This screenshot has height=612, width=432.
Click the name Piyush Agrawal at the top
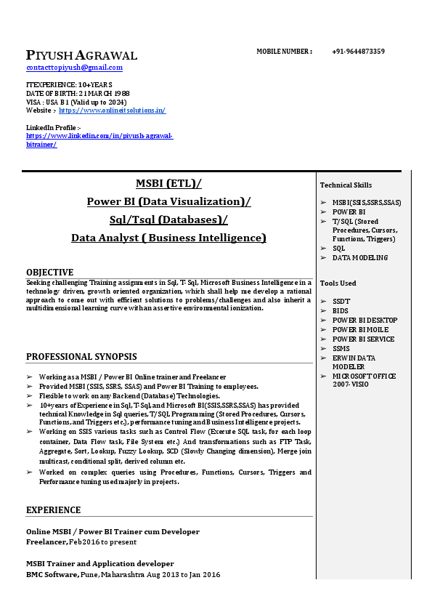pyautogui.click(x=81, y=55)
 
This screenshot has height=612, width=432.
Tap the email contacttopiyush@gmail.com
pyautogui.click(x=74, y=68)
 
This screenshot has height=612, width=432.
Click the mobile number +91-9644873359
pyautogui.click(x=358, y=52)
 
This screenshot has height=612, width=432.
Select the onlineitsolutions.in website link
pyautogui.click(x=112, y=110)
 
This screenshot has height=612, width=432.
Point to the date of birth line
pyautogui.click(x=78, y=94)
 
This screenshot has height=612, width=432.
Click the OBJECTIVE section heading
pyautogui.click(x=49, y=273)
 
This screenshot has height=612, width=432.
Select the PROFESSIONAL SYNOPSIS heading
pyautogui.click(x=81, y=357)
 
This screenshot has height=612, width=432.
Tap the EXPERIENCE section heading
pyautogui.click(x=53, y=510)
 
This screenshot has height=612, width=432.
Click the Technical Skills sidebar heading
pyautogui.click(x=346, y=185)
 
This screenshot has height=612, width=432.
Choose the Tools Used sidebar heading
pyautogui.click(x=338, y=283)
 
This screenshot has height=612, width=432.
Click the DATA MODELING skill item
pyautogui.click(x=360, y=258)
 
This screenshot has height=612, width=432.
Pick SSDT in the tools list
pyautogui.click(x=341, y=302)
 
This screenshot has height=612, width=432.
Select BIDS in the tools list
pyautogui.click(x=340, y=311)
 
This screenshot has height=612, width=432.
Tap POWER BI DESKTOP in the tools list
pyautogui.click(x=364, y=321)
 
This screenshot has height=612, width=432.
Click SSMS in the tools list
pyautogui.click(x=341, y=349)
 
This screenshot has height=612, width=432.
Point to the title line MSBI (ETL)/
pyautogui.click(x=168, y=183)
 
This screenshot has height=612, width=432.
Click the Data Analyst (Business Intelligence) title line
pyautogui.click(x=168, y=238)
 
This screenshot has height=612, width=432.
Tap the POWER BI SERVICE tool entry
pyautogui.click(x=363, y=339)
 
